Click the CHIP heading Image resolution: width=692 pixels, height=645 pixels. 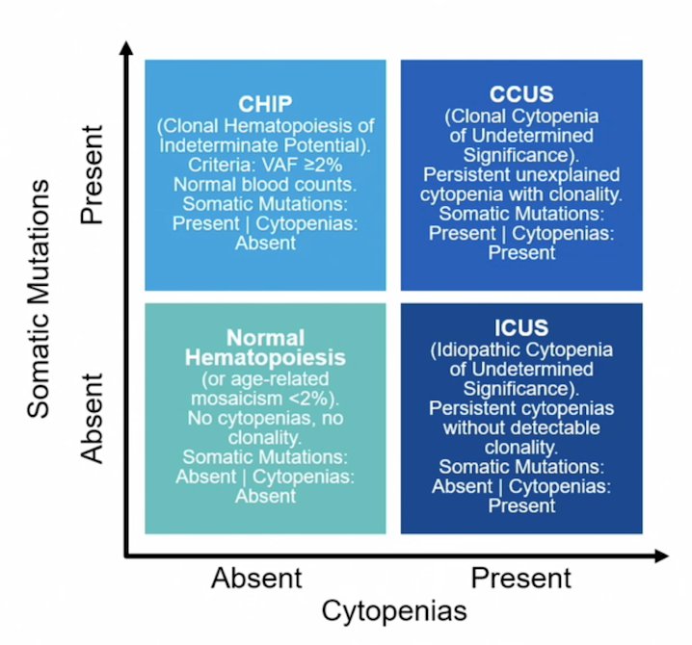(265, 104)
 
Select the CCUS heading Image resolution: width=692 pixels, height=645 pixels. (521, 94)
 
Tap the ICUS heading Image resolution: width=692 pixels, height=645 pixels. (521, 327)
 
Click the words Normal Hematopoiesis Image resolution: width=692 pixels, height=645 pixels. (265, 348)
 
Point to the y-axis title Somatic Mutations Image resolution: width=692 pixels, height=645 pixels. (39, 298)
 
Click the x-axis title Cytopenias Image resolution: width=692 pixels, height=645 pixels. (394, 611)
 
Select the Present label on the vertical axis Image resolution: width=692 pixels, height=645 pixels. (92, 175)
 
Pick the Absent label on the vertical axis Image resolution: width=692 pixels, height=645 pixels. (92, 419)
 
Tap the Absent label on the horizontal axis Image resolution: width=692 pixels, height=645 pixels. (256, 578)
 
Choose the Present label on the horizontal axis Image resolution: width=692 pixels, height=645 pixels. (520, 578)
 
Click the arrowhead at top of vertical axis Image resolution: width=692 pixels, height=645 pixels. (126, 47)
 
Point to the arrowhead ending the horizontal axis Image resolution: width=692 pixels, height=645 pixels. (662, 555)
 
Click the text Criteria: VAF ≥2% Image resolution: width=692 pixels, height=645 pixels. (265, 165)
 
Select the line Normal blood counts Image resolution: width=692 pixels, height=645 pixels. (265, 184)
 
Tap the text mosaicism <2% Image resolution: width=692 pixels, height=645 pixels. (265, 399)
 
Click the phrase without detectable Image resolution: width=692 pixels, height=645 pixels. (521, 427)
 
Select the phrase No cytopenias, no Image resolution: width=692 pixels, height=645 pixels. (265, 418)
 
